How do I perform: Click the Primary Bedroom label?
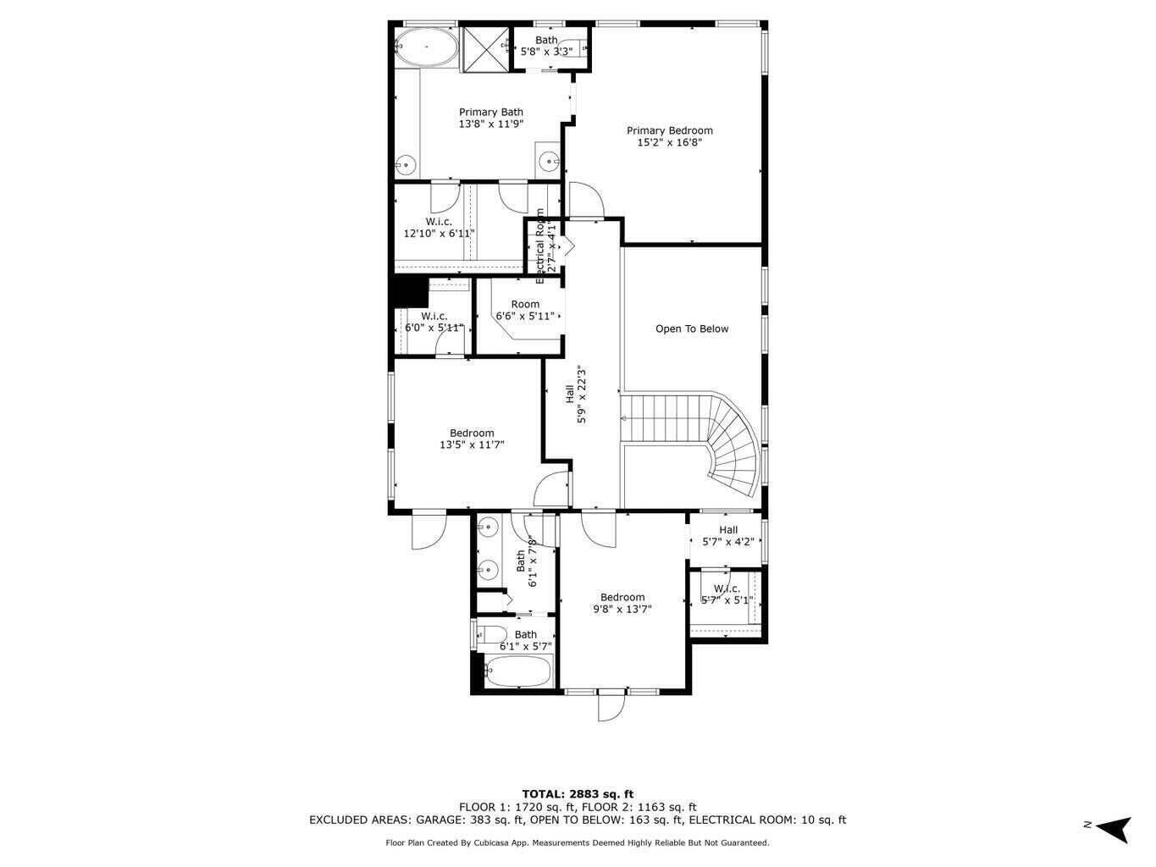point(669,130)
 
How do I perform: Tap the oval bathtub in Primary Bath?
point(426,47)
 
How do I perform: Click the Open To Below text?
point(691,329)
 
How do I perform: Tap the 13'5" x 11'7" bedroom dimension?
point(472,445)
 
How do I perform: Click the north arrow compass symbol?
point(1113,826)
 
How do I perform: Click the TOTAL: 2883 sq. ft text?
point(578,794)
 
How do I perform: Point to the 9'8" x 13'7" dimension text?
point(622,609)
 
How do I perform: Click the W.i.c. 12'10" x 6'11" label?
point(439,228)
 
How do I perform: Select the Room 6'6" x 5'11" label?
point(525,310)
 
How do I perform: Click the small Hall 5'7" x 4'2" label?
point(727,536)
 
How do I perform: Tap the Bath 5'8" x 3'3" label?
point(546,46)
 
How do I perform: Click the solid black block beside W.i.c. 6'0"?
point(410,290)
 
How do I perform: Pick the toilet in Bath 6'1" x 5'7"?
point(491,633)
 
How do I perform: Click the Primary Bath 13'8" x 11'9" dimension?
point(491,124)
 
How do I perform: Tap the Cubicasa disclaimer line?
point(578,842)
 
